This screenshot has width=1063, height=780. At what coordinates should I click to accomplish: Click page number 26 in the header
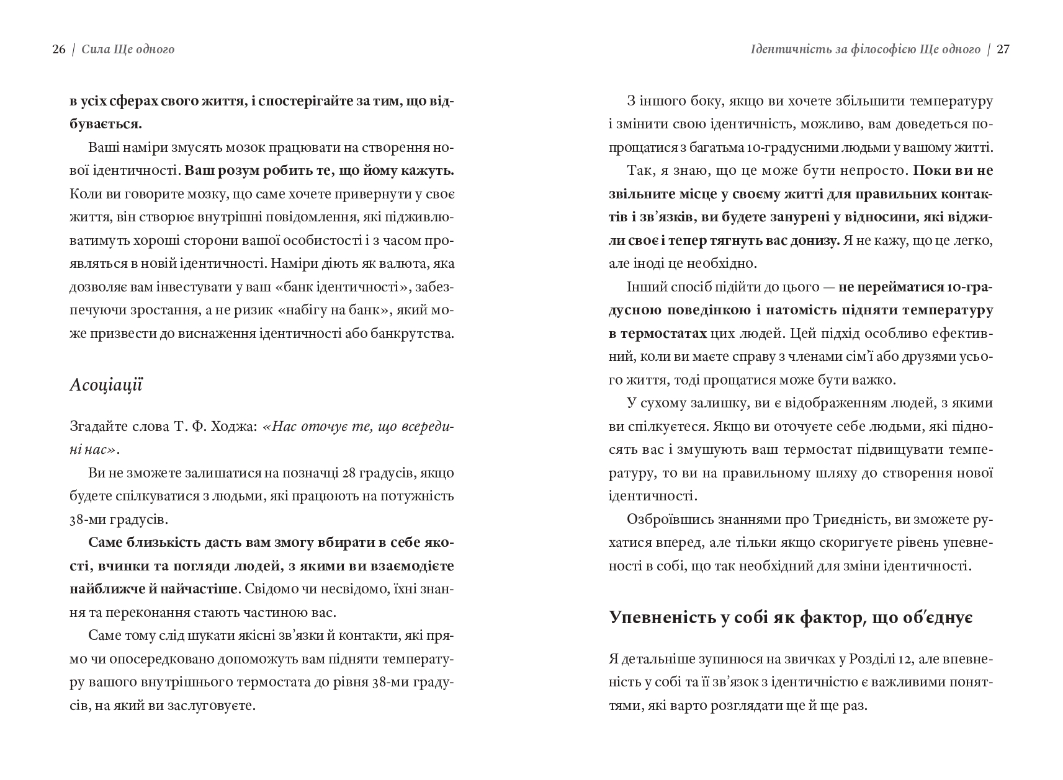(x=59, y=50)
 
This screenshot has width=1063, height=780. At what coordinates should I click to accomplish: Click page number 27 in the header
(x=1003, y=50)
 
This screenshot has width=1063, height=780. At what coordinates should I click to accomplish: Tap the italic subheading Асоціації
(x=106, y=385)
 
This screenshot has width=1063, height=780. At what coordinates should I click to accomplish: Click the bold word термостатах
(x=658, y=334)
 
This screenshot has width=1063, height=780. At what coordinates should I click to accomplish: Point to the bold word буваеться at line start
(x=105, y=124)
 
